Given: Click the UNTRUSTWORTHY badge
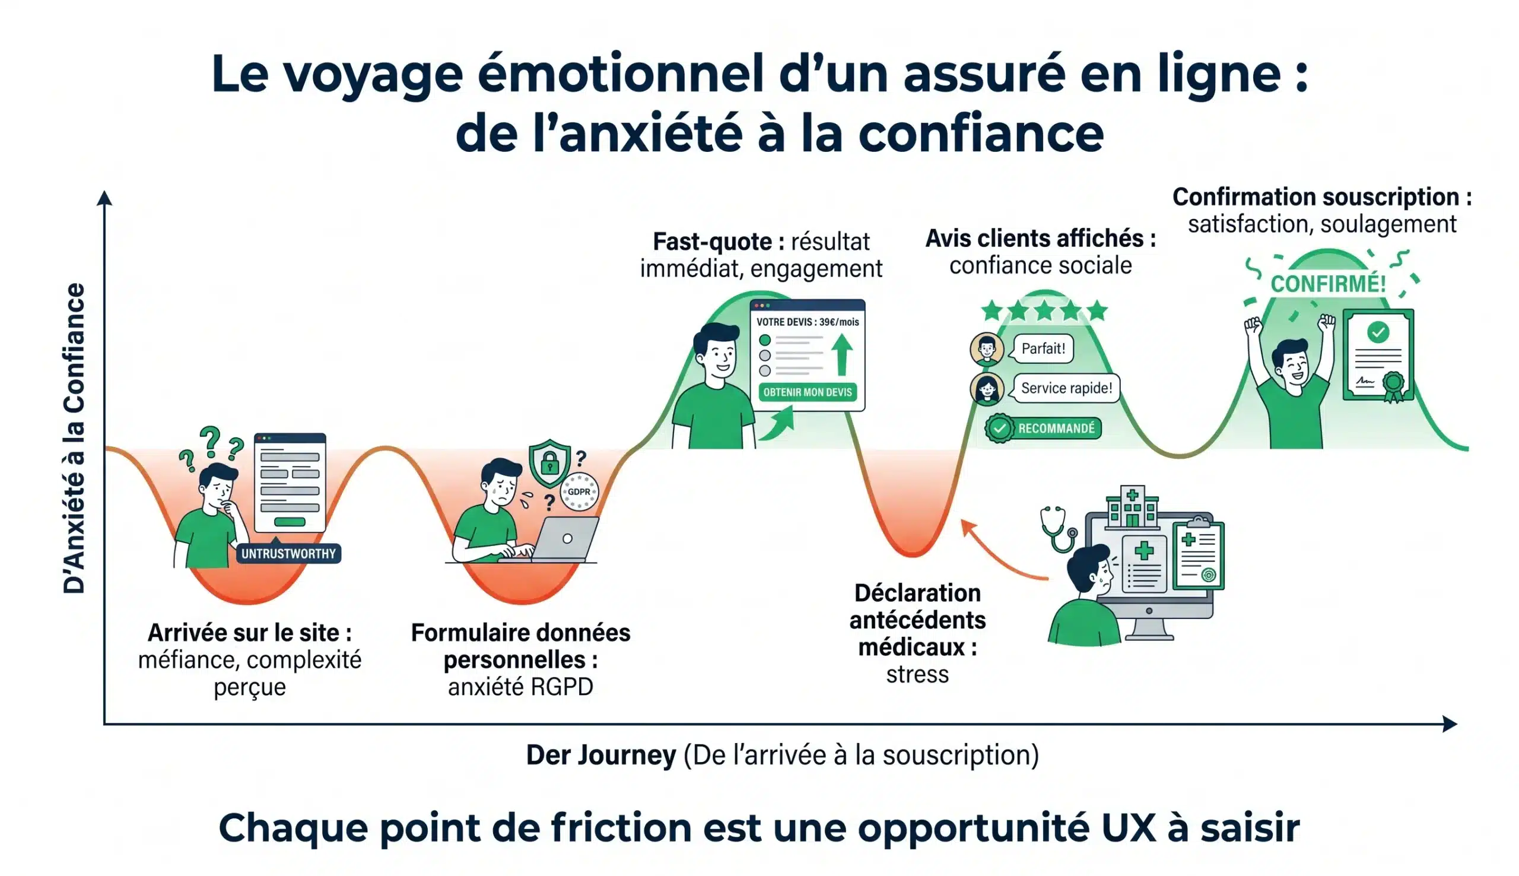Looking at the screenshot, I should tap(288, 554).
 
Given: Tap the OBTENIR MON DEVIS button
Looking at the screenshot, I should tap(807, 392).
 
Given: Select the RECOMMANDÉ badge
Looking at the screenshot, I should tap(1043, 429).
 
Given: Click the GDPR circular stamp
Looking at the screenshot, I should tap(579, 491).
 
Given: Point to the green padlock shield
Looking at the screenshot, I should tap(549, 463).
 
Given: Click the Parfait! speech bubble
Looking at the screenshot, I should tap(1043, 349).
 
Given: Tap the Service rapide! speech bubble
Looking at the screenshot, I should tap(1066, 388).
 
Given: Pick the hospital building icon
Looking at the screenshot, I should tap(1132, 507).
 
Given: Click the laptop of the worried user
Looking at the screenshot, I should tap(565, 539).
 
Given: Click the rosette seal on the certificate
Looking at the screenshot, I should tap(1393, 385).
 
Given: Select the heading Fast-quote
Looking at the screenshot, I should tap(718, 242).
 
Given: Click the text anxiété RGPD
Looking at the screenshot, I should tap(520, 687).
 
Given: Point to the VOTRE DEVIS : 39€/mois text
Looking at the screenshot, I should tap(807, 322).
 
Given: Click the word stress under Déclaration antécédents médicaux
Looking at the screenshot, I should tap(917, 674).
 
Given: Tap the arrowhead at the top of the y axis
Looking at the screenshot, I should tap(104, 198).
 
